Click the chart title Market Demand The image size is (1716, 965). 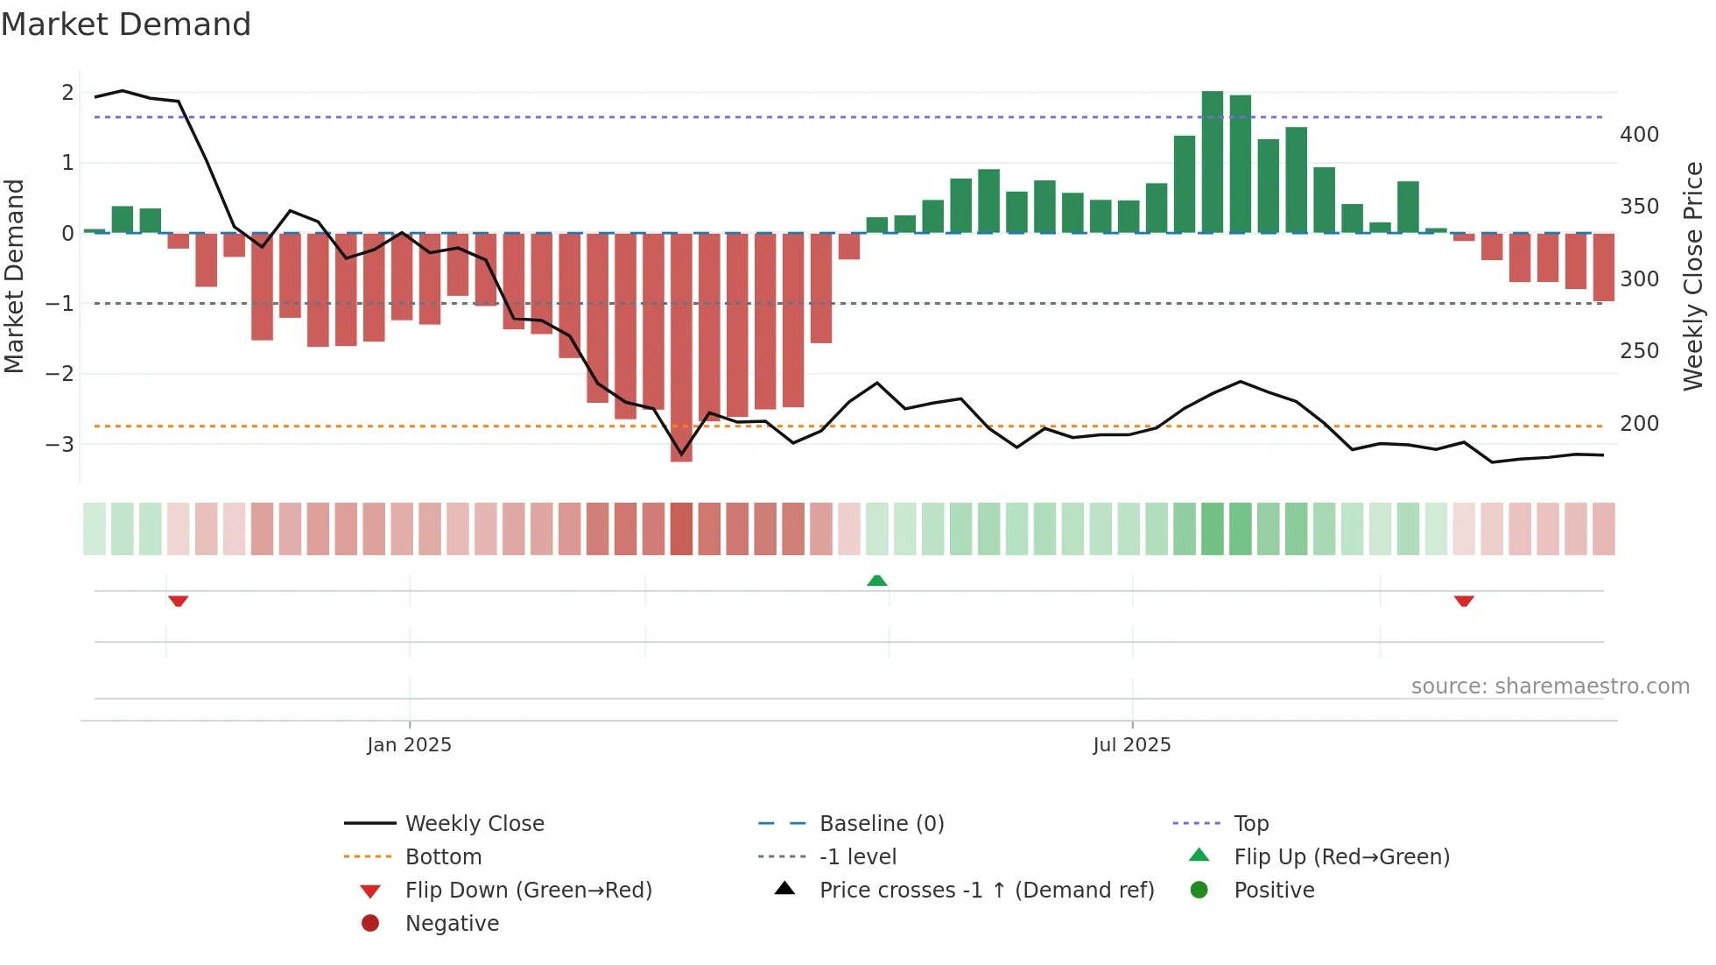tap(126, 25)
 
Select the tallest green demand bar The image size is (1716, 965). tap(1213, 162)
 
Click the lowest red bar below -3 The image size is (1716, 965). tap(681, 350)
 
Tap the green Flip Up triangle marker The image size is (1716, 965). tap(876, 581)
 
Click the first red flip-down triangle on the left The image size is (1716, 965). tap(179, 601)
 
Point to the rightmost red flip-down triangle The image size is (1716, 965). tap(1464, 601)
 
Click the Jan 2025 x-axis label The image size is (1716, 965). tap(409, 745)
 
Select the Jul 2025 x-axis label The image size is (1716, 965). tap(1131, 745)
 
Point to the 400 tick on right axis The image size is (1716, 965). tap(1639, 135)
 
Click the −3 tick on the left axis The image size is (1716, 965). tap(60, 444)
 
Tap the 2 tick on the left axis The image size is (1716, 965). tap(67, 93)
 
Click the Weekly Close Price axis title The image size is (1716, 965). tap(1693, 276)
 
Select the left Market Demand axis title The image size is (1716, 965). tap(15, 276)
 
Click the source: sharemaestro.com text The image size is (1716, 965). tap(1550, 687)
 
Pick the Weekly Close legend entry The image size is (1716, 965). tap(474, 824)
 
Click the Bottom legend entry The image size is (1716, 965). tap(443, 857)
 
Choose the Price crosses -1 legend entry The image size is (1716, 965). tap(986, 891)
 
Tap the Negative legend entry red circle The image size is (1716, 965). tap(370, 924)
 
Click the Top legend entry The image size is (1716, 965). tap(1250, 824)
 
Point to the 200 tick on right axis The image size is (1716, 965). tap(1639, 424)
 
